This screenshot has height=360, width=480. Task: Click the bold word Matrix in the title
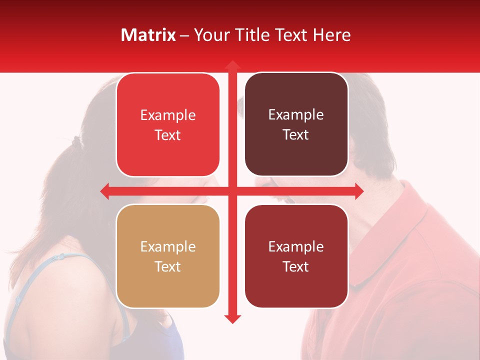tap(148, 35)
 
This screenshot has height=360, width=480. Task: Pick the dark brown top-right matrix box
tap(296, 155)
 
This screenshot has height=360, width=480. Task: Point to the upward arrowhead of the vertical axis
tap(232, 65)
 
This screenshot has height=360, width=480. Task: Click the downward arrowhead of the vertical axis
tap(232, 318)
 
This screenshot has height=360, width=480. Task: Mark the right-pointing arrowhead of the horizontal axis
tap(359, 191)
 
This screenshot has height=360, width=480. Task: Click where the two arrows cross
tap(232, 191)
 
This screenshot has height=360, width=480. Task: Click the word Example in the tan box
tap(168, 247)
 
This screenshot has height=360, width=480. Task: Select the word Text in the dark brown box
tap(296, 135)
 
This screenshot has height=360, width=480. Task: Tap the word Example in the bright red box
tap(168, 115)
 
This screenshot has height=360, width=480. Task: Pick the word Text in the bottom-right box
tap(296, 266)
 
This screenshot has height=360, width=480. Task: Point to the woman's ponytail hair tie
tap(76, 140)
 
